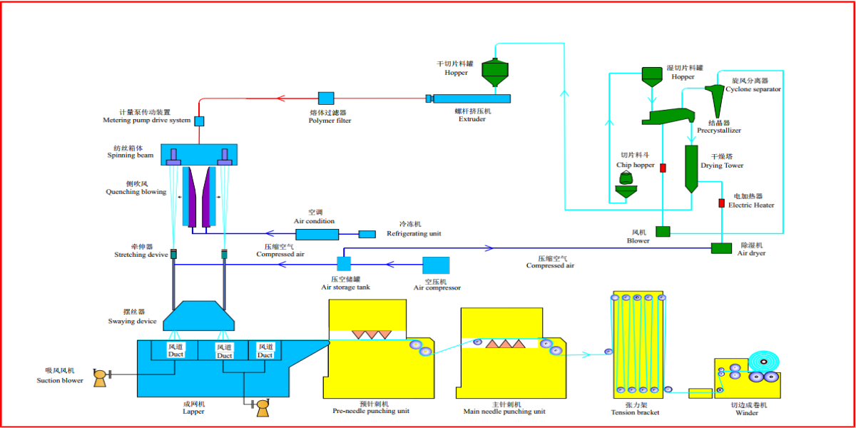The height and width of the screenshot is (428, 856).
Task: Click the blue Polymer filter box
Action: [x=326, y=98]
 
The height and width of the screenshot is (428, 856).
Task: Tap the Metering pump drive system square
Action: [x=199, y=121]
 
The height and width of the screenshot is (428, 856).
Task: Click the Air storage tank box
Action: [x=344, y=264]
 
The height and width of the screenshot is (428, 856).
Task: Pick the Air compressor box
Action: [x=436, y=265]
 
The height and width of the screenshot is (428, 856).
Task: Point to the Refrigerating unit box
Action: [x=367, y=234]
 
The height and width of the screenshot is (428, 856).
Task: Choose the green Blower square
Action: [x=663, y=231]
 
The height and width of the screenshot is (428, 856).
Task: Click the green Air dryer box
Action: [x=721, y=248]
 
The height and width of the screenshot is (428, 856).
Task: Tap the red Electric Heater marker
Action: [x=721, y=203]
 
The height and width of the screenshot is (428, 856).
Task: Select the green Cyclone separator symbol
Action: [x=715, y=94]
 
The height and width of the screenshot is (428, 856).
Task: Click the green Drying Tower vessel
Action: [x=691, y=168]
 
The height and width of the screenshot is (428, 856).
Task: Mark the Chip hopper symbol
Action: [x=626, y=186]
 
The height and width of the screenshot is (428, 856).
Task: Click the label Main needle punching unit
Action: [x=504, y=412]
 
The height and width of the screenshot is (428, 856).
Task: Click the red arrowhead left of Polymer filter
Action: [x=280, y=98]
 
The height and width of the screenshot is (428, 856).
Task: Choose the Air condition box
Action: [x=317, y=234]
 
